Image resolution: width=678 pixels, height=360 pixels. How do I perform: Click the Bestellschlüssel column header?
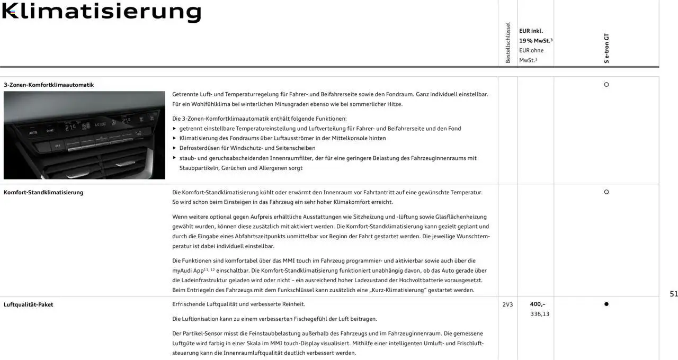coord(508,43)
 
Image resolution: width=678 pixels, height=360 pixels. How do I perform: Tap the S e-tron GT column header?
coord(606,49)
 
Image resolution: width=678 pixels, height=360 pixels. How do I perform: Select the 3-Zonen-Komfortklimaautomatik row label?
coord(49,85)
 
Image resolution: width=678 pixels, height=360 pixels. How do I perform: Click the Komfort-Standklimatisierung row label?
coord(43,192)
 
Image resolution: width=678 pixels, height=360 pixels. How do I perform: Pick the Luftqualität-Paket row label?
coord(29,304)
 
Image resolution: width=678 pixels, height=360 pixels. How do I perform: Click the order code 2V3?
coord(507,304)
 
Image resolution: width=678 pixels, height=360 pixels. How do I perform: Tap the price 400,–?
coord(538,304)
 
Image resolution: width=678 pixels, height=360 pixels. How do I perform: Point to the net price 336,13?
coord(540,314)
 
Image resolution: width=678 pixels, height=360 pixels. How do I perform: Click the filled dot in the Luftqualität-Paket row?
coord(606,304)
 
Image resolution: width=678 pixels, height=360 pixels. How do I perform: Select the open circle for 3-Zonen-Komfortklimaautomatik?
coord(606,85)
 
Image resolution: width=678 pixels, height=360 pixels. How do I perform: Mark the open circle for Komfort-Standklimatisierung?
coord(606,192)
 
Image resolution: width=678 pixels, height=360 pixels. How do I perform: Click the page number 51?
coord(673,294)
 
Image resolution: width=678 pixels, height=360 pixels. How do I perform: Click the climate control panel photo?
coord(84,135)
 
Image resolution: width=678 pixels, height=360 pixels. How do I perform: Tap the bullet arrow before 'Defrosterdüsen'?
coord(175,148)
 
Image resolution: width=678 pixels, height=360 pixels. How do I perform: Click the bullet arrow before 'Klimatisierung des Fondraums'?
coord(175,138)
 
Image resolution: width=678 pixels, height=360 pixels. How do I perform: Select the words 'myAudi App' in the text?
coord(188,271)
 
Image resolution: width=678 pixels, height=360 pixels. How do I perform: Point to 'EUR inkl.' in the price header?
coord(531,31)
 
